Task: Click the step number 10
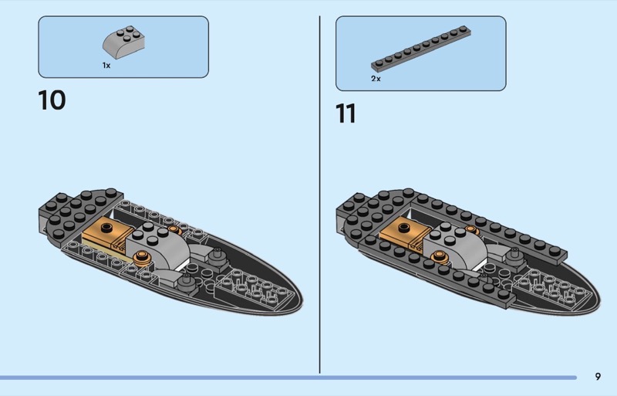coord(52,100)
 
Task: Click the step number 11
coord(346,113)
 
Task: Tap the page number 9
coord(598,377)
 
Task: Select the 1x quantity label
coord(106,66)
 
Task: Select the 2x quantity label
coord(376,79)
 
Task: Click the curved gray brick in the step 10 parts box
coord(123,42)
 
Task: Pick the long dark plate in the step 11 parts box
coord(421,49)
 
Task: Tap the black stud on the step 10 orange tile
coord(106,228)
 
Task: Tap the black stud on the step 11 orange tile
coord(404,228)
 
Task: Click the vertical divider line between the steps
coord(319,195)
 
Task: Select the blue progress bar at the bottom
coord(288,377)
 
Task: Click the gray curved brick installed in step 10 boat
coord(157,244)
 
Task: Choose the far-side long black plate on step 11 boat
coord(490,227)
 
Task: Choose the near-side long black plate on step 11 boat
coord(435,268)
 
